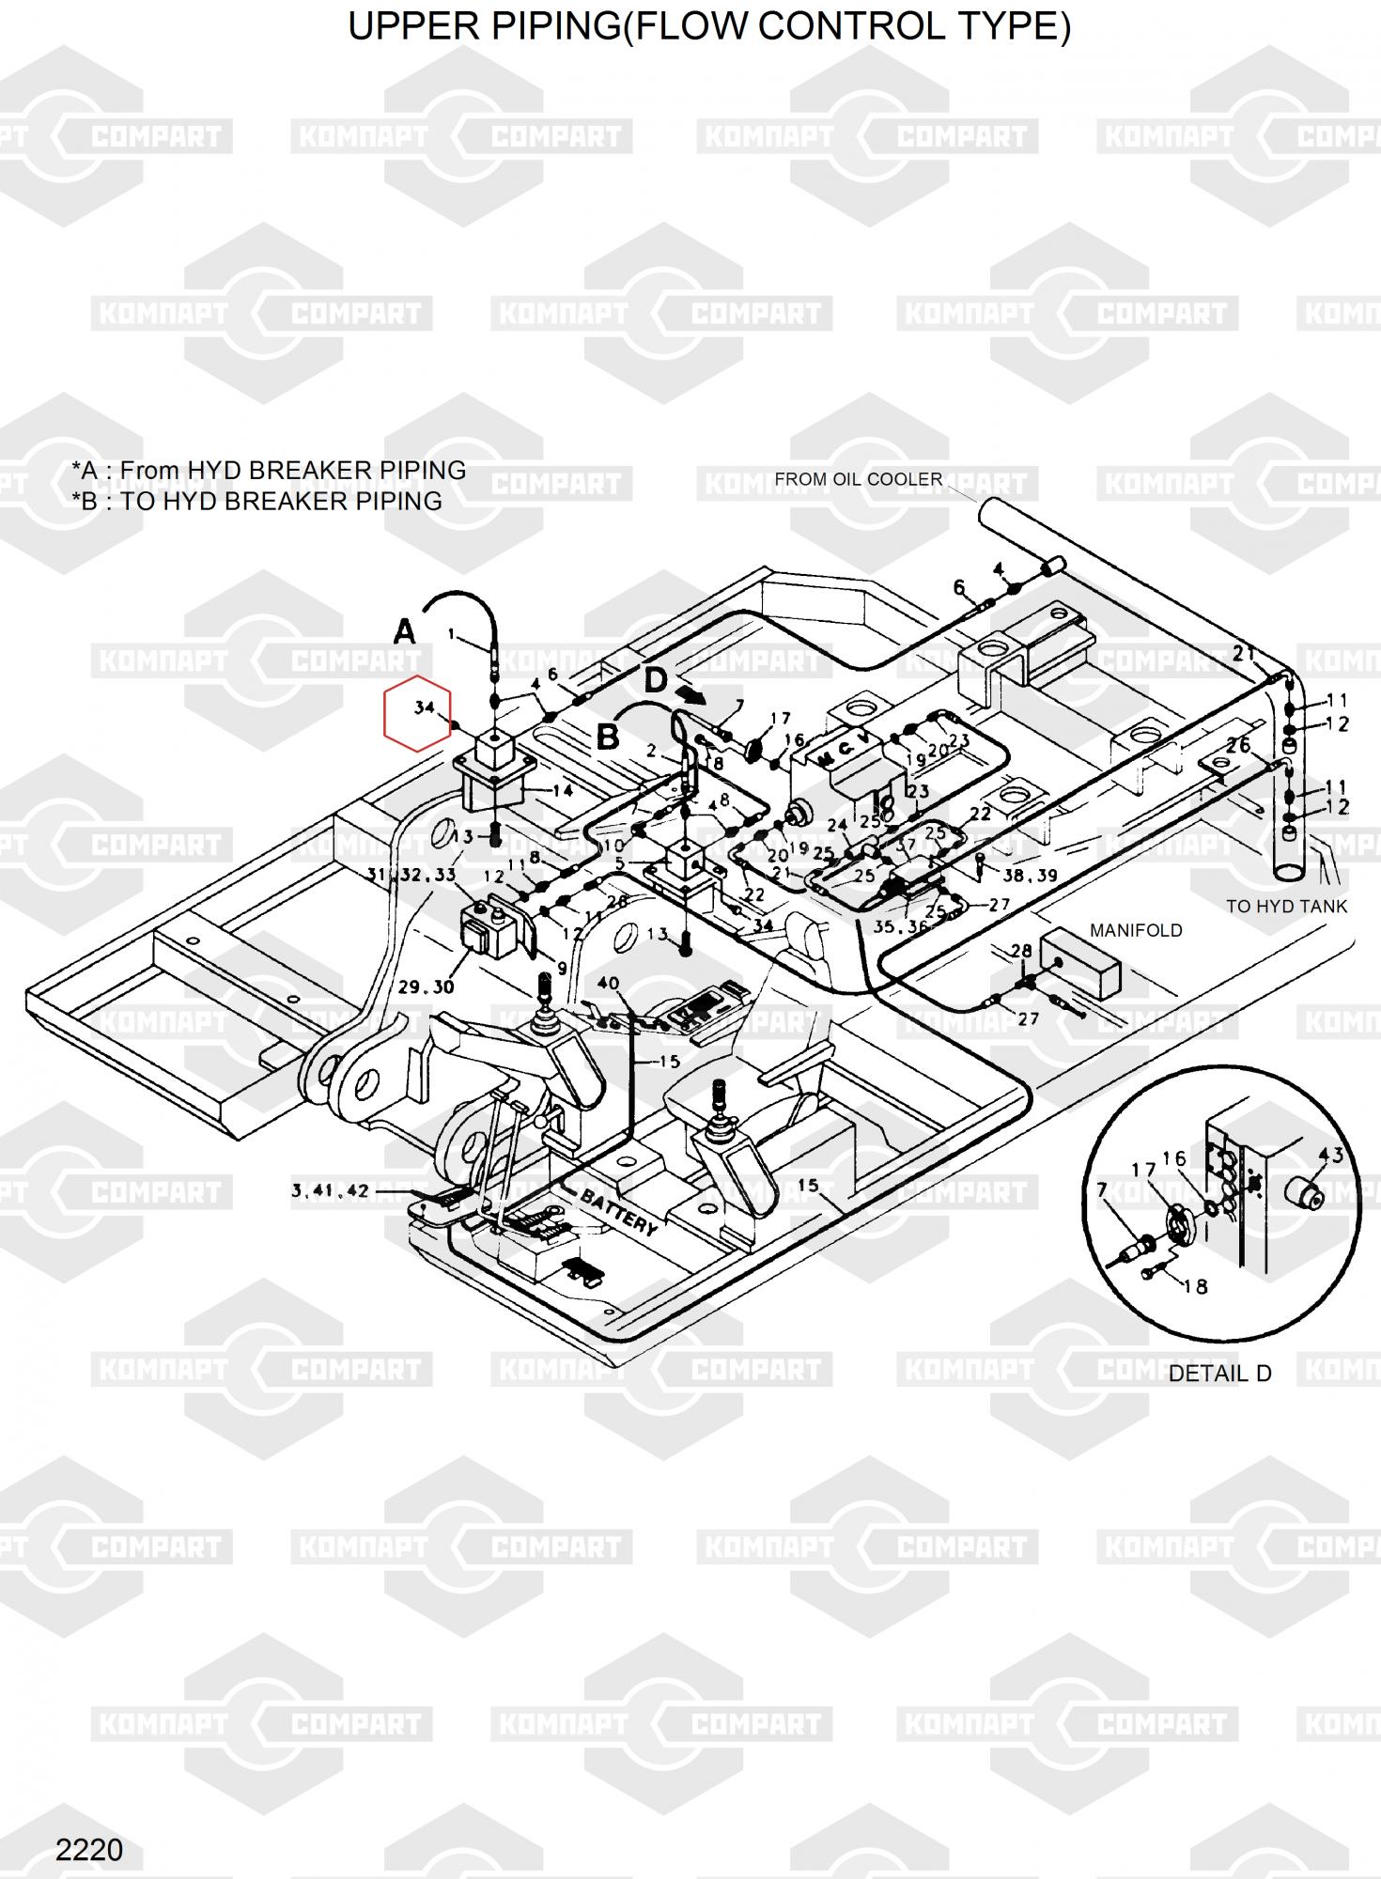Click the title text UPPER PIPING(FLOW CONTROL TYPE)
(709, 27)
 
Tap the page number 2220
(89, 1851)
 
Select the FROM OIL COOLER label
(858, 479)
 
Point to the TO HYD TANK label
(1286, 907)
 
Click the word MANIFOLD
(1136, 930)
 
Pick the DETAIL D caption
(1219, 1374)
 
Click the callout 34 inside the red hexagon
(425, 707)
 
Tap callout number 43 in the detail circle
(1331, 1155)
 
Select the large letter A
(404, 631)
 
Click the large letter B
(608, 737)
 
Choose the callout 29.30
(426, 987)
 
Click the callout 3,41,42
(330, 1191)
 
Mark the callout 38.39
(1030, 876)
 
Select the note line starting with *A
(269, 470)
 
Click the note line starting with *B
(256, 501)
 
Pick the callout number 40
(608, 984)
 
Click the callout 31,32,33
(411, 875)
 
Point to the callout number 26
(1238, 745)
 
